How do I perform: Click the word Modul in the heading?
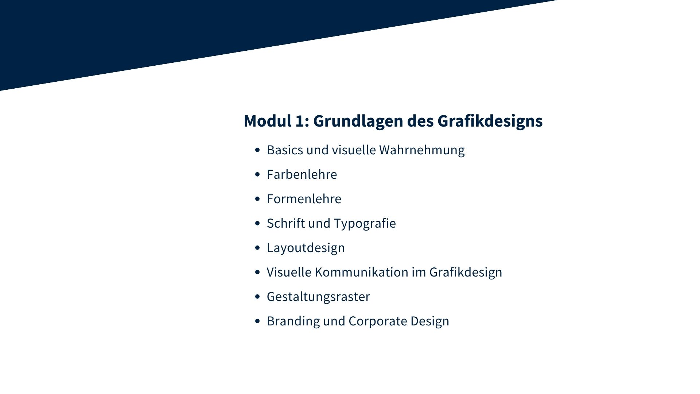pyautogui.click(x=268, y=121)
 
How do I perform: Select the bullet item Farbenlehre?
pyautogui.click(x=302, y=174)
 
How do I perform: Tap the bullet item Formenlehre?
pyautogui.click(x=304, y=199)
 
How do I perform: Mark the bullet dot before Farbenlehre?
pyautogui.click(x=258, y=175)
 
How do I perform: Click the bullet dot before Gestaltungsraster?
pyautogui.click(x=258, y=297)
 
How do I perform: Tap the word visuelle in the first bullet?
pyautogui.click(x=354, y=150)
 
